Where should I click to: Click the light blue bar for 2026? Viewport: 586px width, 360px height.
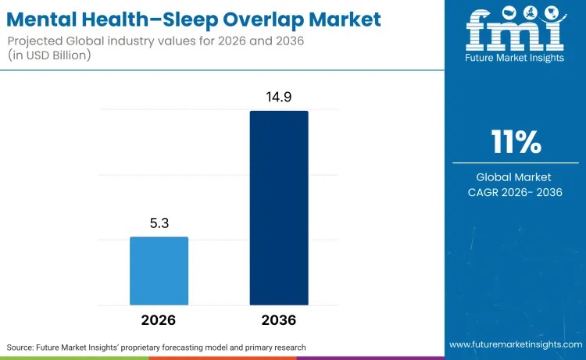pos(159,270)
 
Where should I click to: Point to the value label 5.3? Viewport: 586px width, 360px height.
pos(159,223)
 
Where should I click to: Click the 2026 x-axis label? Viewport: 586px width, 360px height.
pos(159,320)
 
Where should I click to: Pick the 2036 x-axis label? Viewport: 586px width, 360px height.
pos(279,320)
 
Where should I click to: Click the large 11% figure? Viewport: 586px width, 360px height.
pos(515,143)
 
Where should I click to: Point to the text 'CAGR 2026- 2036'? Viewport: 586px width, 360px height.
pos(515,192)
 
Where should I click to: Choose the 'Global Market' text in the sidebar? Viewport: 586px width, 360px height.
pos(515,176)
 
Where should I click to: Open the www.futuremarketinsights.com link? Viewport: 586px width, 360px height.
pos(515,344)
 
